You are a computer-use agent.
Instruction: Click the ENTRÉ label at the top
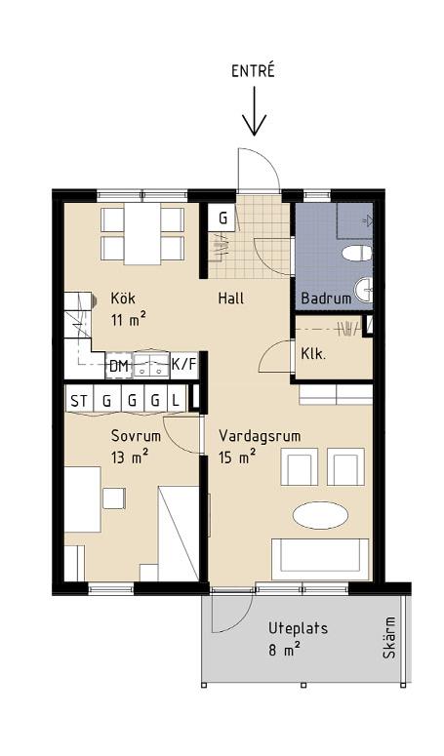click(x=253, y=70)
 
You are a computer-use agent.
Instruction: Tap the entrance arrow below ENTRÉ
click(x=254, y=111)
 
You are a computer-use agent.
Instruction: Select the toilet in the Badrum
click(x=357, y=253)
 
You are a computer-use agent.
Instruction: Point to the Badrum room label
click(x=326, y=298)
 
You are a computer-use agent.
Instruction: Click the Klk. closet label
click(x=313, y=354)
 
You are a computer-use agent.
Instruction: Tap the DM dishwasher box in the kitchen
click(x=119, y=367)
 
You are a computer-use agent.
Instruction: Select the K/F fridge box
click(x=184, y=365)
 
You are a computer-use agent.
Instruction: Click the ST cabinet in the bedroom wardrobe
click(x=80, y=400)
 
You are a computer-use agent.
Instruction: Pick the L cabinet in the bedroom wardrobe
click(x=176, y=400)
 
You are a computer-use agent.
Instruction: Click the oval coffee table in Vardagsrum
click(x=320, y=515)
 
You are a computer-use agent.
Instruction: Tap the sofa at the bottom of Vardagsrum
click(x=320, y=559)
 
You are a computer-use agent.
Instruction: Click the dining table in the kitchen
click(x=142, y=234)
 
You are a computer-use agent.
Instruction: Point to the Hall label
click(x=231, y=298)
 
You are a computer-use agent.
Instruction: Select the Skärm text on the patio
click(x=389, y=637)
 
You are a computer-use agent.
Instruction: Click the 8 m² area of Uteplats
click(x=284, y=651)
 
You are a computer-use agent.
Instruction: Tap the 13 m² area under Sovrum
click(x=129, y=457)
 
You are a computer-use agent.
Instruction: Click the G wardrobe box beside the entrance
click(x=222, y=218)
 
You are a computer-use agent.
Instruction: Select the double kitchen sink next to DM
click(x=150, y=365)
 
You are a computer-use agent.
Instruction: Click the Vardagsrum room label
click(x=260, y=436)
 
